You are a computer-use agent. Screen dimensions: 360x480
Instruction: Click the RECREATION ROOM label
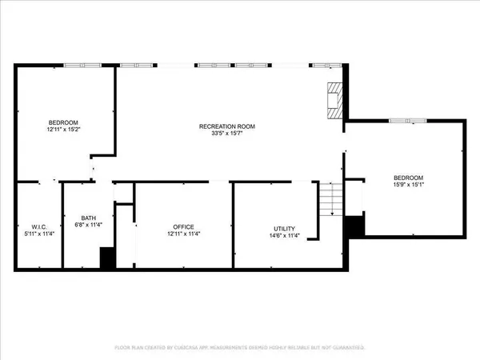(226, 126)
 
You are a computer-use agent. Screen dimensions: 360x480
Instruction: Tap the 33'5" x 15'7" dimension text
(226, 134)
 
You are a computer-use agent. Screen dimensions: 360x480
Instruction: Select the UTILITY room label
(285, 227)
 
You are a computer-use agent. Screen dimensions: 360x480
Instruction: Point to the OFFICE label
(183, 227)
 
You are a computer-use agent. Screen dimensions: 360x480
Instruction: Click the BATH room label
(89, 218)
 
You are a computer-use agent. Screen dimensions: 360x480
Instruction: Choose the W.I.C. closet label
(38, 227)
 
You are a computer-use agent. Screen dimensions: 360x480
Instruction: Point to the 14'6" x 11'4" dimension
(285, 235)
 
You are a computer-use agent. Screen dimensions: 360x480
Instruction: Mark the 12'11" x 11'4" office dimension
(183, 235)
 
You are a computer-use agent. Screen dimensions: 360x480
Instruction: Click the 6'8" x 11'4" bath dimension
(89, 226)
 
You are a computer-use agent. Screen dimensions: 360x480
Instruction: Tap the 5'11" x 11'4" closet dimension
(38, 235)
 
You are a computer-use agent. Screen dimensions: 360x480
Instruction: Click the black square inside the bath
(107, 258)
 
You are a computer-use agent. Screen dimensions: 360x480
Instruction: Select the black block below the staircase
(354, 226)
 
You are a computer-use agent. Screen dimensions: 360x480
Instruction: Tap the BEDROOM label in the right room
(408, 178)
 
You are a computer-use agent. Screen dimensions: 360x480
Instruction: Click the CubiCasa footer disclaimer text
(240, 348)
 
